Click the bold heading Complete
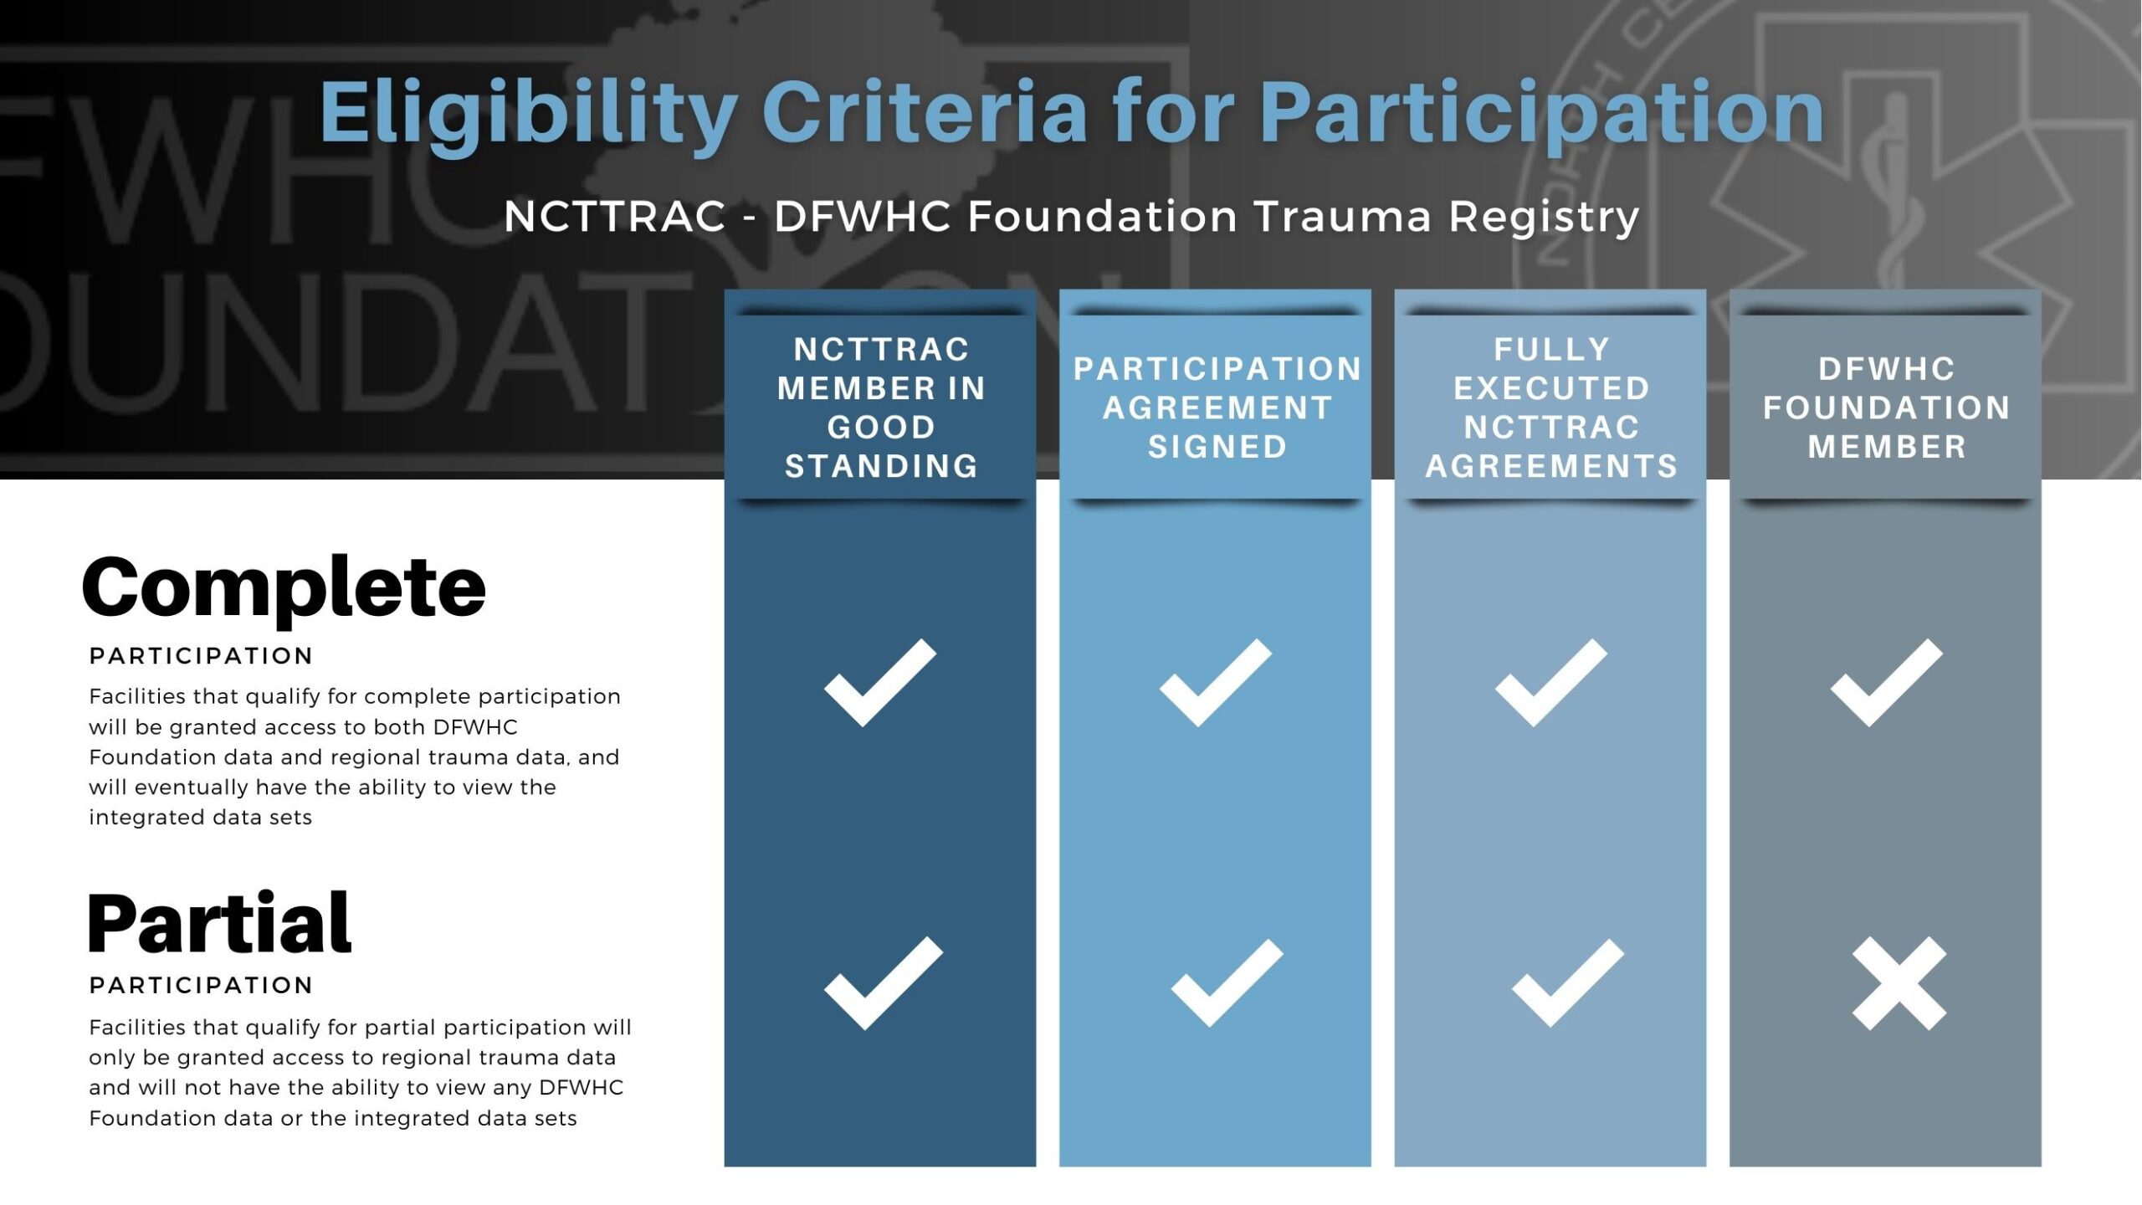tap(284, 588)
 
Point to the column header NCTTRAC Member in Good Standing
tap(881, 408)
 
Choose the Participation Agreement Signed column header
tap(1217, 408)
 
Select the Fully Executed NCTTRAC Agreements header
tap(1551, 408)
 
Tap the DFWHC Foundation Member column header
tap(1887, 408)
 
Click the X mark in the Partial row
tap(1899, 983)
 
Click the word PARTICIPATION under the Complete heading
tap(201, 656)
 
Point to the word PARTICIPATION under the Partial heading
tap(201, 986)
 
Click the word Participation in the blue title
tap(1541, 115)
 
